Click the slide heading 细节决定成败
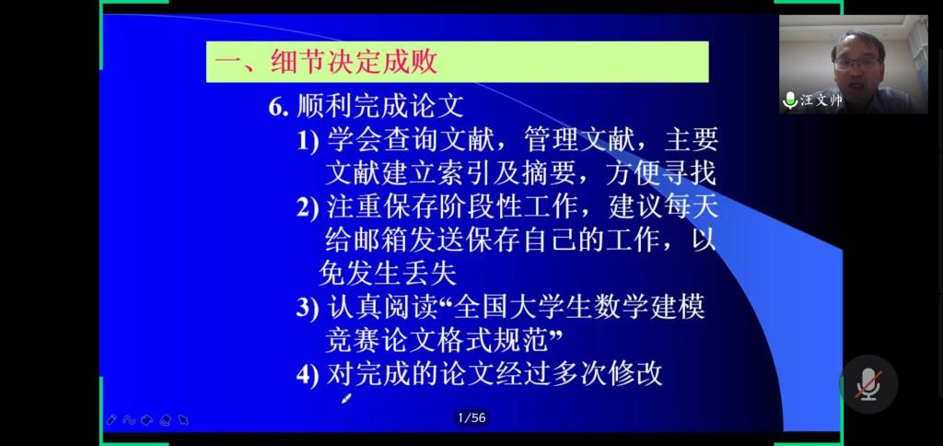click(353, 62)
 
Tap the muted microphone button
click(868, 384)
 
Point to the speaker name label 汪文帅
click(821, 100)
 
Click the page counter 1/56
click(471, 417)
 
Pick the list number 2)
click(308, 207)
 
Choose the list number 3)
click(308, 308)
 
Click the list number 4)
click(308, 375)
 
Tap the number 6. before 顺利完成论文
click(280, 108)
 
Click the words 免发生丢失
click(388, 275)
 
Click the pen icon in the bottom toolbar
click(111, 419)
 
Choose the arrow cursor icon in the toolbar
click(183, 420)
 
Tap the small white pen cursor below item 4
click(346, 398)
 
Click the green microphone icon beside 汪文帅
click(789, 100)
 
